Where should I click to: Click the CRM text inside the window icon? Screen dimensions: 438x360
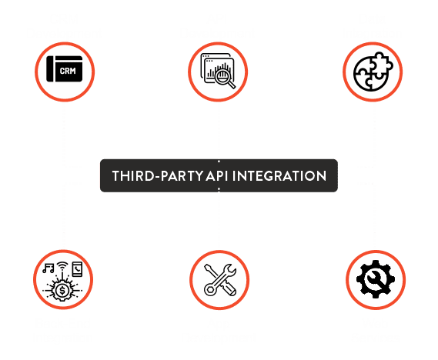68,71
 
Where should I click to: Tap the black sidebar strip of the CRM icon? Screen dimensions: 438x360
50,68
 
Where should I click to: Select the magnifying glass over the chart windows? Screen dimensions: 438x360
225,78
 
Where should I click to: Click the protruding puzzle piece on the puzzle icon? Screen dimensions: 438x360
383,64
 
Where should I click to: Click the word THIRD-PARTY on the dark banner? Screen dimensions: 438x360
158,176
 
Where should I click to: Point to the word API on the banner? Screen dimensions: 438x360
217,176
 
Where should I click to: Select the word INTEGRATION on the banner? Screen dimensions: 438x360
279,176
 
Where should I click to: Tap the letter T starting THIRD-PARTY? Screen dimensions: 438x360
116,176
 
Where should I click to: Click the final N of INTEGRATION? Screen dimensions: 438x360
322,176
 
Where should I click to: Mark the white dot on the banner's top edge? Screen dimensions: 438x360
219,162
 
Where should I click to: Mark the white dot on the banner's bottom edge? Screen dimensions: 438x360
219,189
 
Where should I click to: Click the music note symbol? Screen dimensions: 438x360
48,268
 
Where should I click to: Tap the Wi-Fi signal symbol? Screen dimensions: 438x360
62,266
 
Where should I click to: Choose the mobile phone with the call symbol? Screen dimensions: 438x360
78,269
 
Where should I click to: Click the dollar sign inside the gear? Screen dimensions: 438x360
62,290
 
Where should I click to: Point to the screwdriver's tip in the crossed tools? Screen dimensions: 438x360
207,268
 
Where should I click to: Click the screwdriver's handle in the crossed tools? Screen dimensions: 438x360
229,288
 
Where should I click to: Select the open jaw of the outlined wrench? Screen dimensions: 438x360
230,269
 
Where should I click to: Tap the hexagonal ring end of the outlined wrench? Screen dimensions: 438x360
210,288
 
